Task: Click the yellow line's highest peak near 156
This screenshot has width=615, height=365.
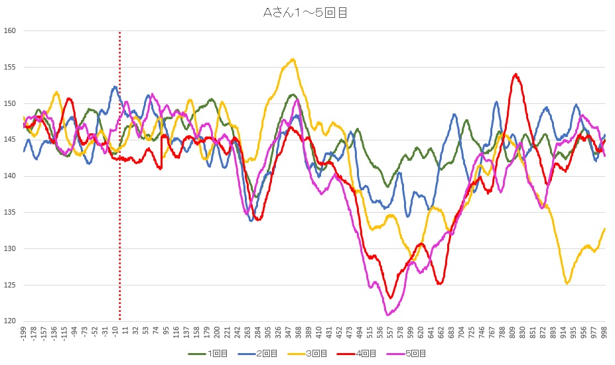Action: (x=293, y=60)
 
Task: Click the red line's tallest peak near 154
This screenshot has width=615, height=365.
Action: (x=515, y=75)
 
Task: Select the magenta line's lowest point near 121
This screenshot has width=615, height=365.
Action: (x=387, y=314)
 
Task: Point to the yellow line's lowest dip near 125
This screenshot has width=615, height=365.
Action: (x=567, y=284)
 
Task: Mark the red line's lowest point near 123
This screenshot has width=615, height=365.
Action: (x=391, y=297)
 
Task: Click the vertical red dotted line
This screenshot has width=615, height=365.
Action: (x=119, y=199)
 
